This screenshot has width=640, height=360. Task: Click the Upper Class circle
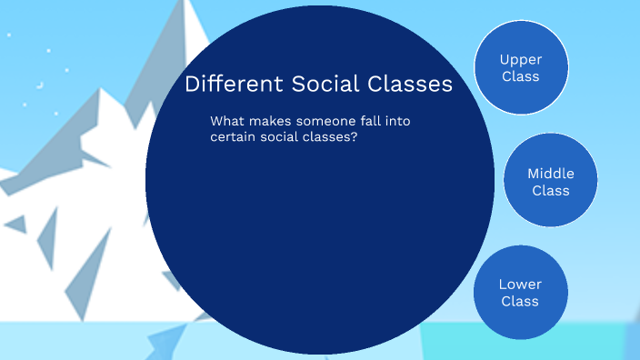[521, 67]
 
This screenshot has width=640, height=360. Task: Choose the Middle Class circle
[550, 181]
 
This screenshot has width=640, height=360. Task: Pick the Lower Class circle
[520, 292]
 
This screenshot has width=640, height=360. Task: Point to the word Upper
[521, 59]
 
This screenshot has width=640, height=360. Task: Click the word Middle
[551, 173]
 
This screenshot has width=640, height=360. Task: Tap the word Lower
[520, 284]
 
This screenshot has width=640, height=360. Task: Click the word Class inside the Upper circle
[521, 76]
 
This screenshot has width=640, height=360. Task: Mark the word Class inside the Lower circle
[520, 301]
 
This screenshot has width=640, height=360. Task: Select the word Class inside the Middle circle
[551, 190]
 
